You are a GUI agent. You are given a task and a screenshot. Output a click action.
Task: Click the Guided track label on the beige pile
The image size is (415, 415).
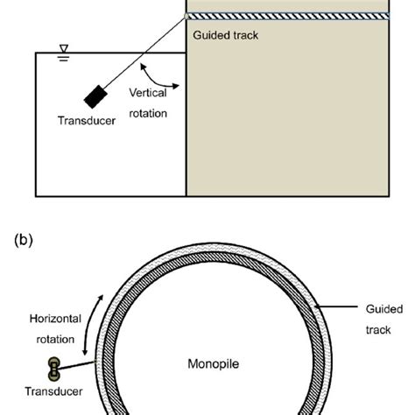[226, 36]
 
